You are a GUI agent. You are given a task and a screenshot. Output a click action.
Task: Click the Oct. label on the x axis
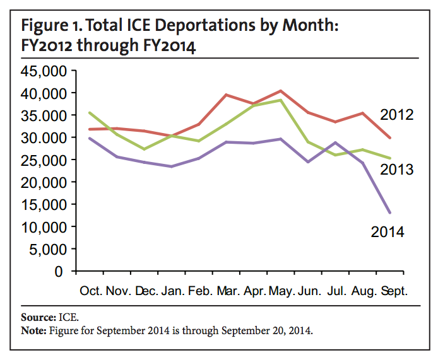93,292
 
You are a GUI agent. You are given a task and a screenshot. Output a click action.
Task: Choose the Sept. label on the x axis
393,292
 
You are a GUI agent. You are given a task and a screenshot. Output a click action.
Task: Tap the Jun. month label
310,292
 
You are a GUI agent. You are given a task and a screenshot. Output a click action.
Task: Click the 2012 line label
396,115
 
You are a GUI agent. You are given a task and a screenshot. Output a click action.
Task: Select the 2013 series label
396,170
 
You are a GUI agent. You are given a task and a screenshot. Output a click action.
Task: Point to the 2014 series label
387,231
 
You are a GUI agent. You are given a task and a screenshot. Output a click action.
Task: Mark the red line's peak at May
281,91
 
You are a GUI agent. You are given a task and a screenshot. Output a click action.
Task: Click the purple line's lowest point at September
390,212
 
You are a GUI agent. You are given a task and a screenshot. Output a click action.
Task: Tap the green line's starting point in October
90,113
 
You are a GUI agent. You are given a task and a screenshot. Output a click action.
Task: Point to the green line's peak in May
281,100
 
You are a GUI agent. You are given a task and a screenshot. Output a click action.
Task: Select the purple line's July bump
336,142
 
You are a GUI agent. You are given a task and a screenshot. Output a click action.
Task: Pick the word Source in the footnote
35,316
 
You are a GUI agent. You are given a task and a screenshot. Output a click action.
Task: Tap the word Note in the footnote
33,329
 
